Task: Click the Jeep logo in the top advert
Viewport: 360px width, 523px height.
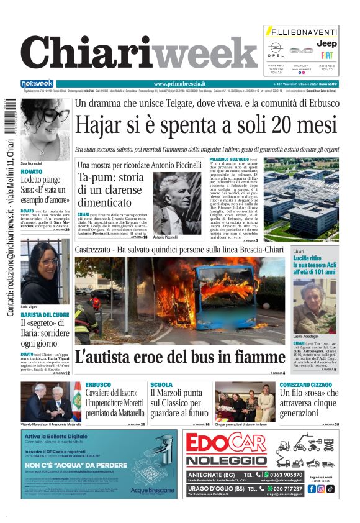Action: click(x=326, y=44)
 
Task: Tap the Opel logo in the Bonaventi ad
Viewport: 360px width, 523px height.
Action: click(x=276, y=48)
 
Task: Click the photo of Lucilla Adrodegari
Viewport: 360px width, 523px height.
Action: click(x=315, y=307)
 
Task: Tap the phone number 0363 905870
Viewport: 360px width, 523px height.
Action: click(x=304, y=475)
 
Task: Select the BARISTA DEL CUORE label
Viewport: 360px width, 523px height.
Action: click(x=44, y=315)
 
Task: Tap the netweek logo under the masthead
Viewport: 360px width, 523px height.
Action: click(x=37, y=83)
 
